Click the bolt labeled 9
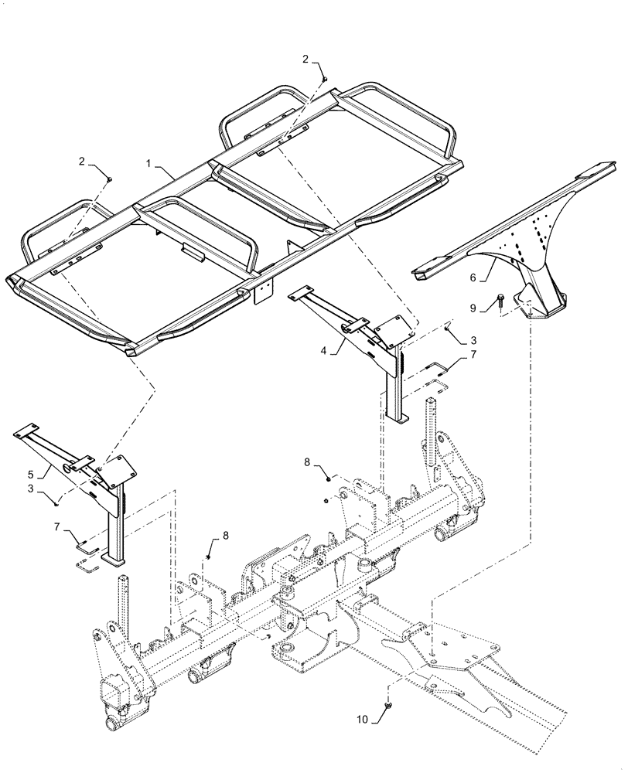tap(500, 298)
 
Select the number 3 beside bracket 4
tap(474, 339)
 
